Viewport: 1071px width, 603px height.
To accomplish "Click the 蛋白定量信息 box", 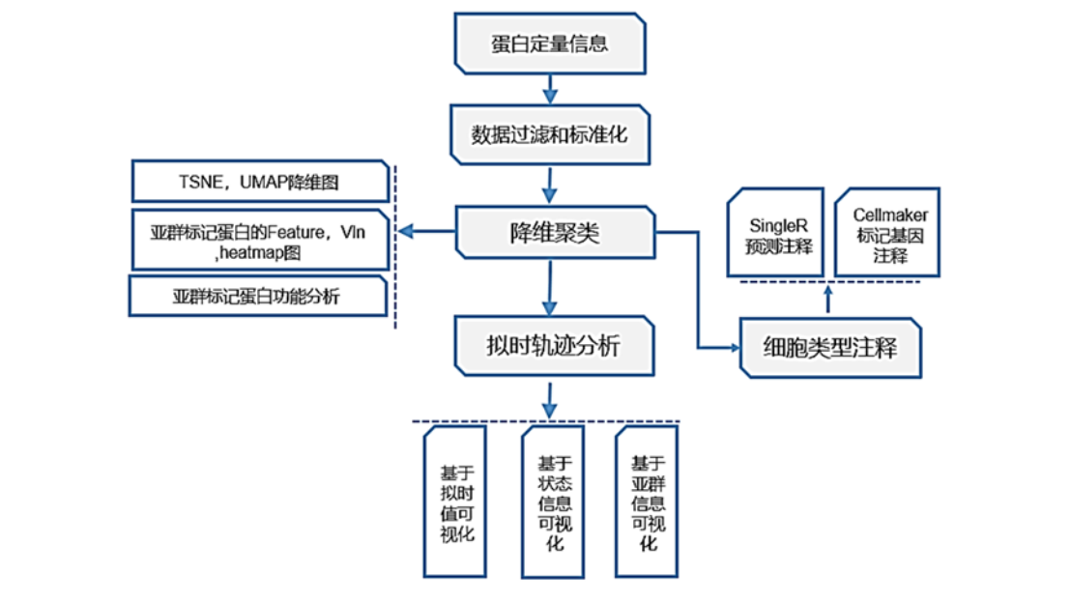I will (x=550, y=44).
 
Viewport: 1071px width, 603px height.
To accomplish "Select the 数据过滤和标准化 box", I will (x=550, y=134).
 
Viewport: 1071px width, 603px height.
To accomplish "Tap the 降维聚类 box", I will (x=555, y=232).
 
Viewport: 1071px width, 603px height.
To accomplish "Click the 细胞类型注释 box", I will (x=828, y=347).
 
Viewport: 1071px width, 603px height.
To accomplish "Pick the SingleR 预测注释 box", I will (x=779, y=236).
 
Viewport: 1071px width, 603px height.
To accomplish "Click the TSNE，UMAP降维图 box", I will (x=260, y=182).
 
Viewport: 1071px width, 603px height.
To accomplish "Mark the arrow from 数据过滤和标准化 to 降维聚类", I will (x=550, y=184).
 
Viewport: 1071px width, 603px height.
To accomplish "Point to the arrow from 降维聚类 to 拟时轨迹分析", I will (x=550, y=287).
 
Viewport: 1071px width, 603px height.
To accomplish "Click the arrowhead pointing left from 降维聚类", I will (x=408, y=231).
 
